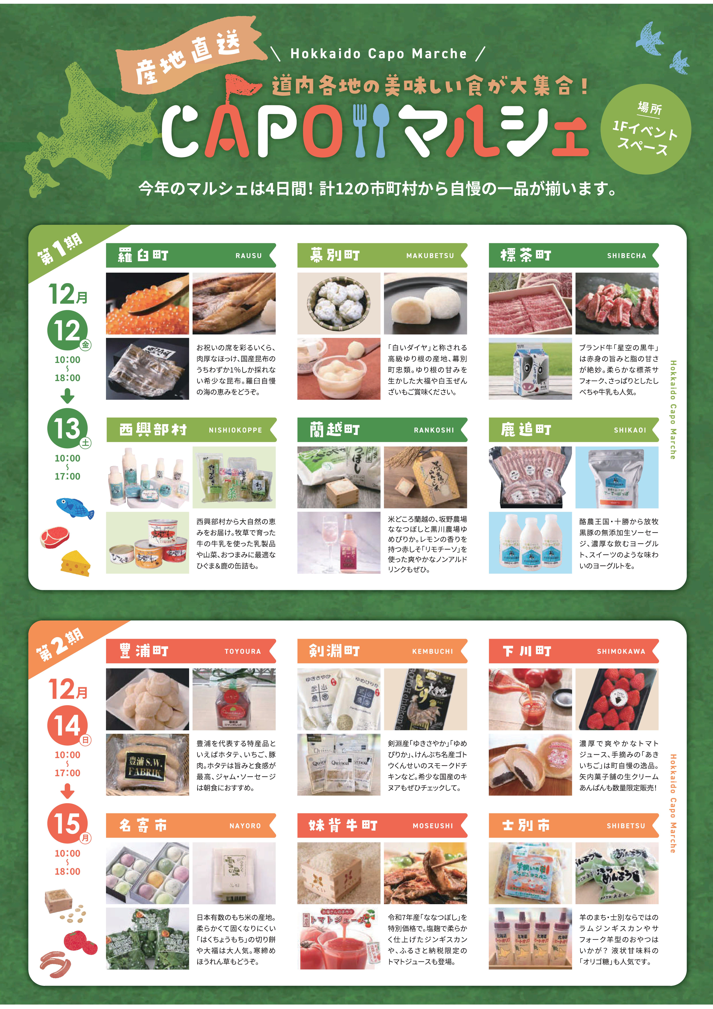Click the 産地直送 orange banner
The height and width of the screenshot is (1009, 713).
pyautogui.click(x=189, y=57)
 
